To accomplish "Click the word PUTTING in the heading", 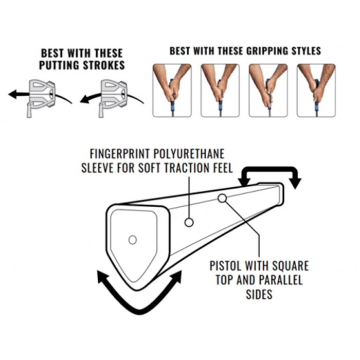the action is pos(60,65).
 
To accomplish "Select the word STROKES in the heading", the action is pos(104,65).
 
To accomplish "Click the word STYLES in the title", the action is pos(306,51).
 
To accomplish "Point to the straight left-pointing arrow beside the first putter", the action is pos(19,94).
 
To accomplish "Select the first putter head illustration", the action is pos(41,98).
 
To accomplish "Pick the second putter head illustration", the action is pos(113,98).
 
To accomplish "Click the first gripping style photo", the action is pos(172,91).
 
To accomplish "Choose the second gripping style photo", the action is pos(220,91).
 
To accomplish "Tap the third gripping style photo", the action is pos(268,91).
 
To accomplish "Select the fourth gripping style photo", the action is pos(316,91).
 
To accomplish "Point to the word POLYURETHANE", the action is pos(189,154).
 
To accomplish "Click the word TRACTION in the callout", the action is pos(186,168).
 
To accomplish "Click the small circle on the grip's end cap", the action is pos(133,240).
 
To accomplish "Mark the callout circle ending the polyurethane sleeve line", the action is pos(189,222).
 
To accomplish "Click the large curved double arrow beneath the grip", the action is pos(139,312).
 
